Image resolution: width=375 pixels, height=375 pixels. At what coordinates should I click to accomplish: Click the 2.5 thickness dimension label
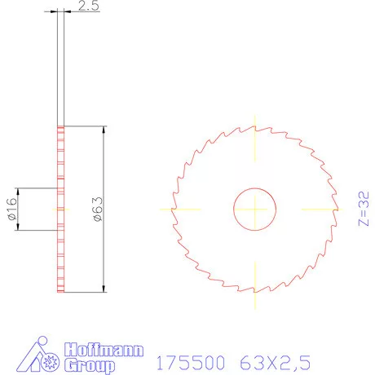(x=89, y=8)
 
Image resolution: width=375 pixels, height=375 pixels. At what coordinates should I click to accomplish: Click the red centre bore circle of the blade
(x=255, y=209)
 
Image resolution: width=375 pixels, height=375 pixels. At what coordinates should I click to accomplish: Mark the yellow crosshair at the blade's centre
(x=255, y=209)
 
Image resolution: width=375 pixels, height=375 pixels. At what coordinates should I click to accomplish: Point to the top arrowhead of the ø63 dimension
(x=104, y=130)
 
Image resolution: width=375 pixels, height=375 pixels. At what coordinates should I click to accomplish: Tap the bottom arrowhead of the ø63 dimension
(x=104, y=287)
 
